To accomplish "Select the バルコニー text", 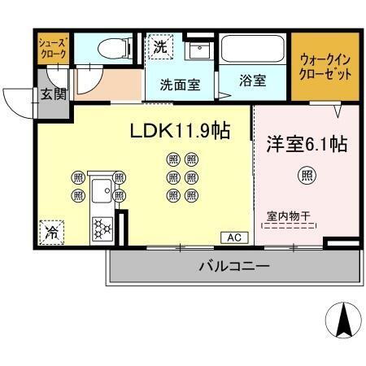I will tap(233, 266).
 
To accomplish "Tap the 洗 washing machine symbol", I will tap(160, 46).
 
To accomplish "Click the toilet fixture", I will tap(111, 49).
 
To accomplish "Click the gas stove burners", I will tap(103, 226).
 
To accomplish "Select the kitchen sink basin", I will tap(102, 192).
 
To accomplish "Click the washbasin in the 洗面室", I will tap(196, 50).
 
